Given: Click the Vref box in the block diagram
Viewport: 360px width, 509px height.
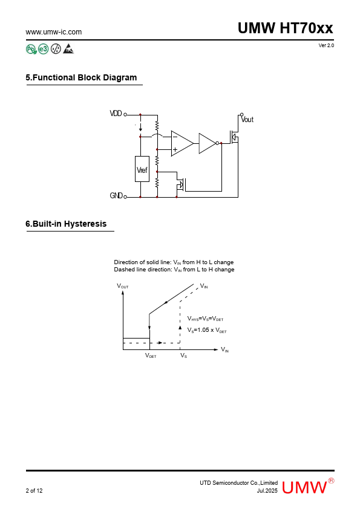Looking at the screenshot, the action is (x=142, y=169).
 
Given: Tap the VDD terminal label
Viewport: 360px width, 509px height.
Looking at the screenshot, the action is (x=116, y=113).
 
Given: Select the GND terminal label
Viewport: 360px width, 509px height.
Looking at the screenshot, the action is (x=116, y=195).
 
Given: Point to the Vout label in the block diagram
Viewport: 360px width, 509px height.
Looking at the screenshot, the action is (x=247, y=120).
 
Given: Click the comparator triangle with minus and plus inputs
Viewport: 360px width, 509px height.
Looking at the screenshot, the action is (x=182, y=143).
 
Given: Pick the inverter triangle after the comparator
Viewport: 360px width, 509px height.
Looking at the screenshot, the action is (x=208, y=143).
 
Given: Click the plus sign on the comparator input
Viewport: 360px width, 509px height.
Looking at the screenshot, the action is (x=175, y=150).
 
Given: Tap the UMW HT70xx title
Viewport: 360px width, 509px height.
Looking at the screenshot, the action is (x=285, y=28).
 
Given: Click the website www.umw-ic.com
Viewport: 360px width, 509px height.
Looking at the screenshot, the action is (x=54, y=32).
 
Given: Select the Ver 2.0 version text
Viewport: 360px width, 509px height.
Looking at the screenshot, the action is (x=326, y=45).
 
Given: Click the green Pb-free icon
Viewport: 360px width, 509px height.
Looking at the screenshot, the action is (x=31, y=49).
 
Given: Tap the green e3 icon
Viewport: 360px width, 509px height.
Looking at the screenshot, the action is (x=43, y=49).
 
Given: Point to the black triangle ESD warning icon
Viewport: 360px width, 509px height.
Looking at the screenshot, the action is (x=68, y=49).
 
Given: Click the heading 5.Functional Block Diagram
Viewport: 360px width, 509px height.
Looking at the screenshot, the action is (x=81, y=77).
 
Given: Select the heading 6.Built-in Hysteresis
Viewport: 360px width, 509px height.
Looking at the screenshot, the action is (x=66, y=224).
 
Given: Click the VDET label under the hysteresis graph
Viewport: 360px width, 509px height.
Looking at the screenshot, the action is (x=151, y=355).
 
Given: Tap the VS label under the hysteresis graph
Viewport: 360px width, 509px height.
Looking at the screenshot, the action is (x=183, y=355).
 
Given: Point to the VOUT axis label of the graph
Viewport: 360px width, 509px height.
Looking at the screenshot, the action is (x=123, y=286).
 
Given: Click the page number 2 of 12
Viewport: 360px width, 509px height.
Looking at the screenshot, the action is (x=34, y=490).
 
